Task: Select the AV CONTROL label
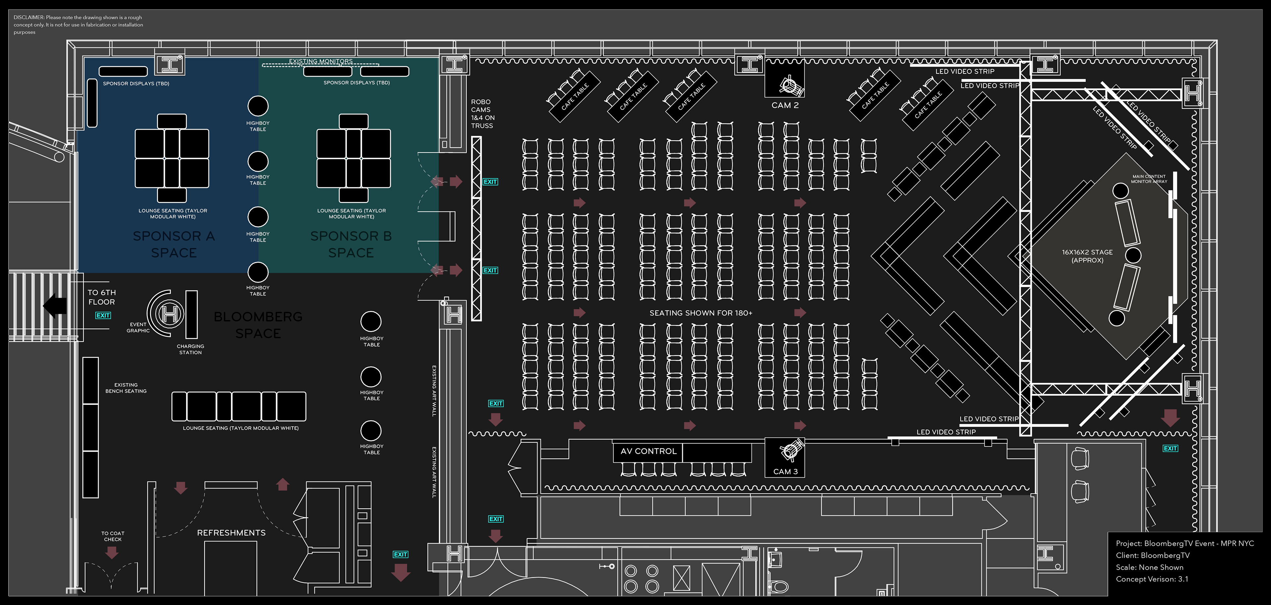tap(648, 451)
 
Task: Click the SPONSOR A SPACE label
tap(174, 244)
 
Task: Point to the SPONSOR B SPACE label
tap(351, 244)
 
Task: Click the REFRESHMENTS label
tap(231, 533)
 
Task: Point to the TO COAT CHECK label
tap(113, 536)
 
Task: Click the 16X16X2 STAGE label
tap(1087, 256)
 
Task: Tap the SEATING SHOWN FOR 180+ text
tap(701, 313)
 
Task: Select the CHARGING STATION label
tap(190, 349)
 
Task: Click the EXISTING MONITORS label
tap(321, 61)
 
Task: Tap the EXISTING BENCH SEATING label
tap(126, 388)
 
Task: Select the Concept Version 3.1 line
tap(1152, 579)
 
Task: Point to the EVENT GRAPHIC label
tap(138, 328)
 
